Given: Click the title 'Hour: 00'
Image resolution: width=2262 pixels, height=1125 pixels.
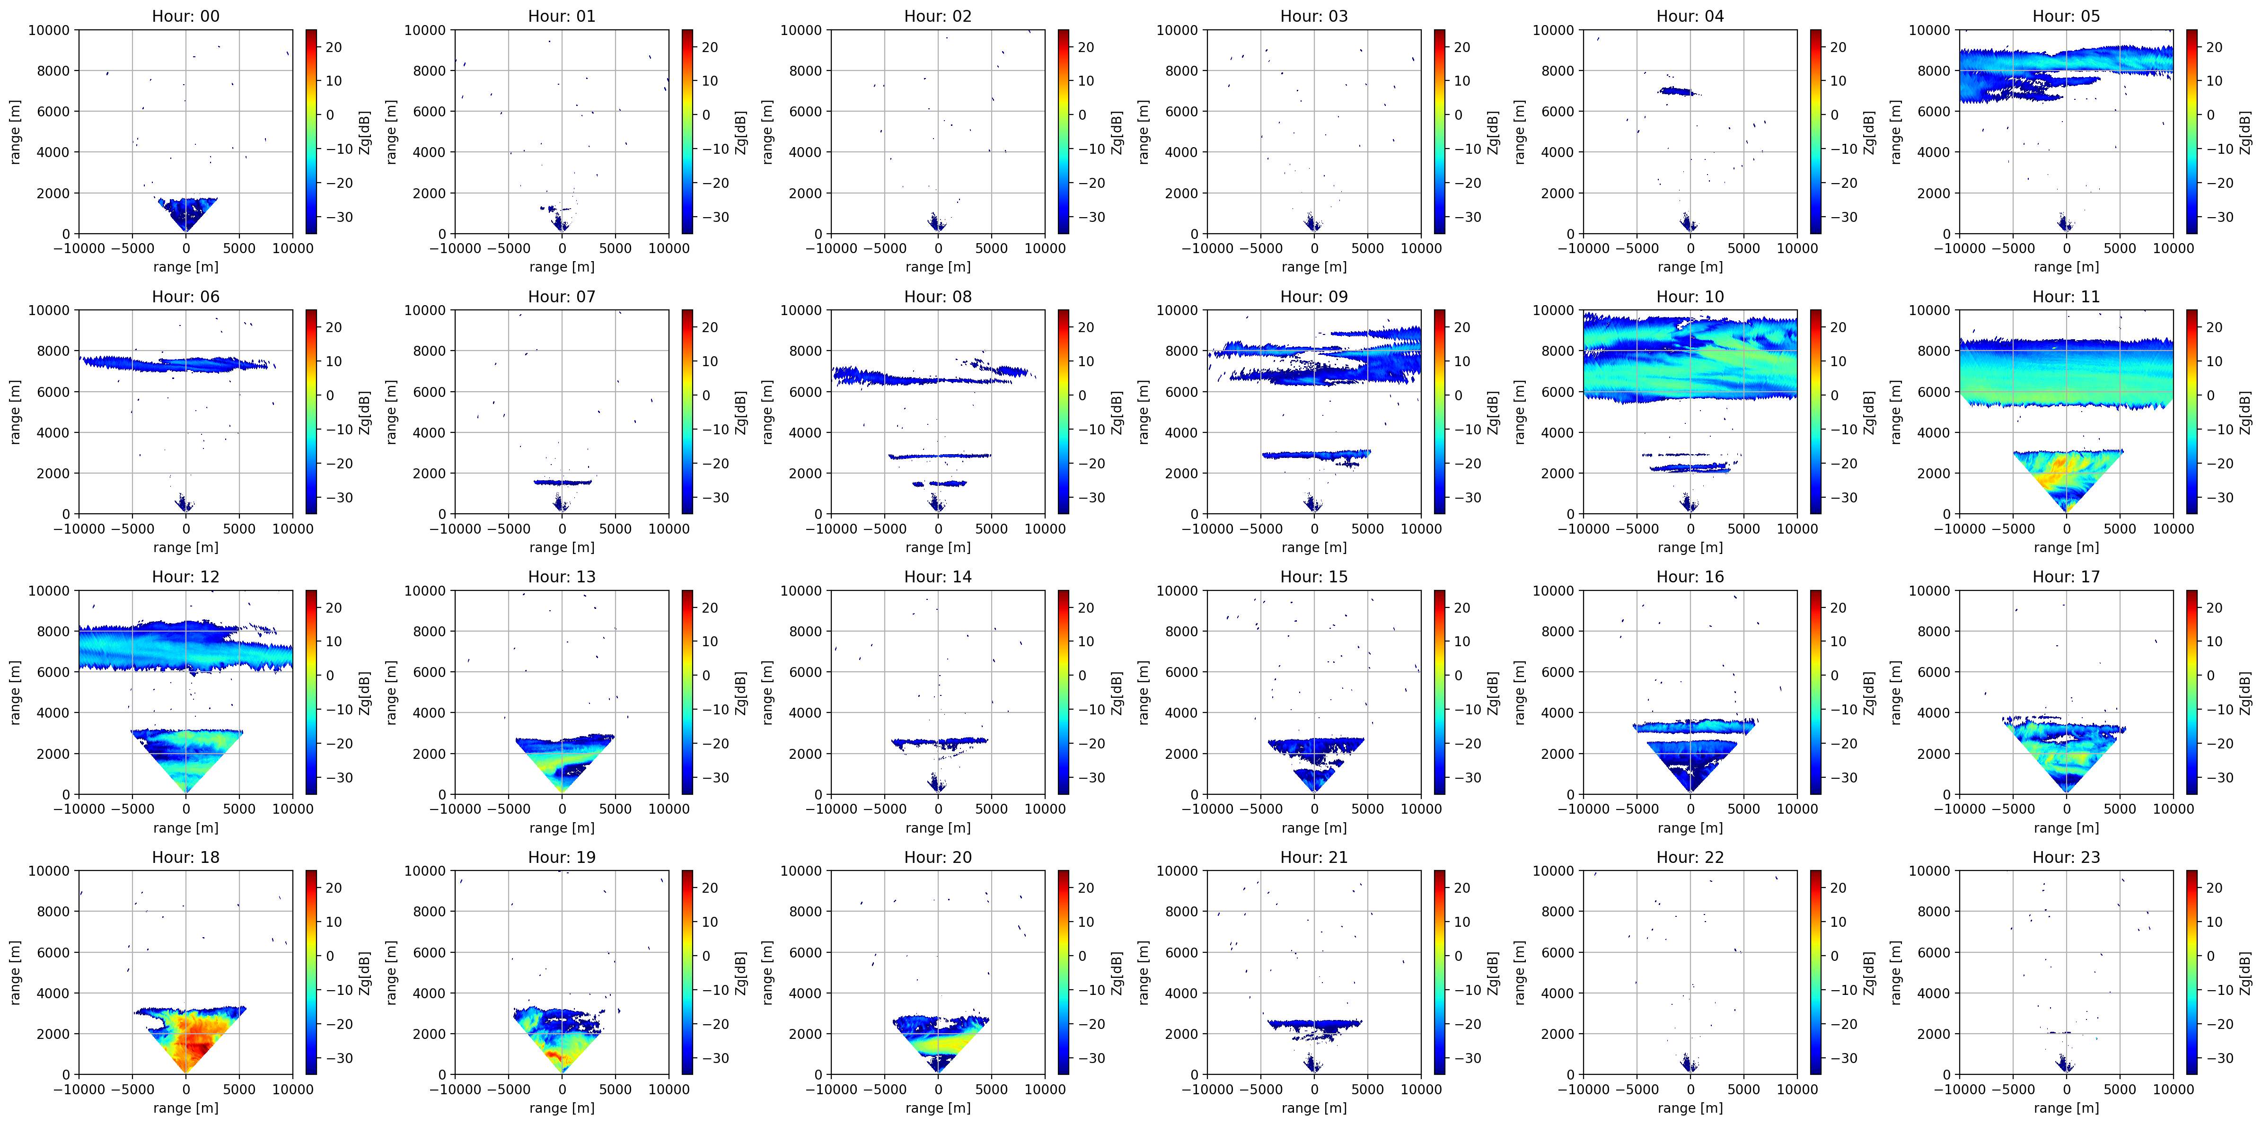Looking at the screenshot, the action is [x=185, y=16].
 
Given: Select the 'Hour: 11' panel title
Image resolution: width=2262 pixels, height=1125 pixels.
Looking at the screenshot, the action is [x=2066, y=296].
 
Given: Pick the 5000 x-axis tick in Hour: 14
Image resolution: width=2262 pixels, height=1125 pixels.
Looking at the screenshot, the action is [x=991, y=809].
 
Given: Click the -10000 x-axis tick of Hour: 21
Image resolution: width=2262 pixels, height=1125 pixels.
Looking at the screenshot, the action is [x=1207, y=1089].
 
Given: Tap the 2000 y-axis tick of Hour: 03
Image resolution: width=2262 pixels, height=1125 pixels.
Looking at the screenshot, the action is [x=1181, y=193].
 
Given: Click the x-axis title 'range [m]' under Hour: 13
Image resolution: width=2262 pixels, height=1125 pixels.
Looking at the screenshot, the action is [x=562, y=827].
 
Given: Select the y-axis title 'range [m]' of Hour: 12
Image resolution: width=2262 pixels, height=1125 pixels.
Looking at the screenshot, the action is [x=15, y=692].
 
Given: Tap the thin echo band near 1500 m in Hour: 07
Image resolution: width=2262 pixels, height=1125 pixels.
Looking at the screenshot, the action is [x=562, y=482].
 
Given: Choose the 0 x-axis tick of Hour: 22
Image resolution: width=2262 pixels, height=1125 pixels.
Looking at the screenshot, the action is [x=1690, y=1089].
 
